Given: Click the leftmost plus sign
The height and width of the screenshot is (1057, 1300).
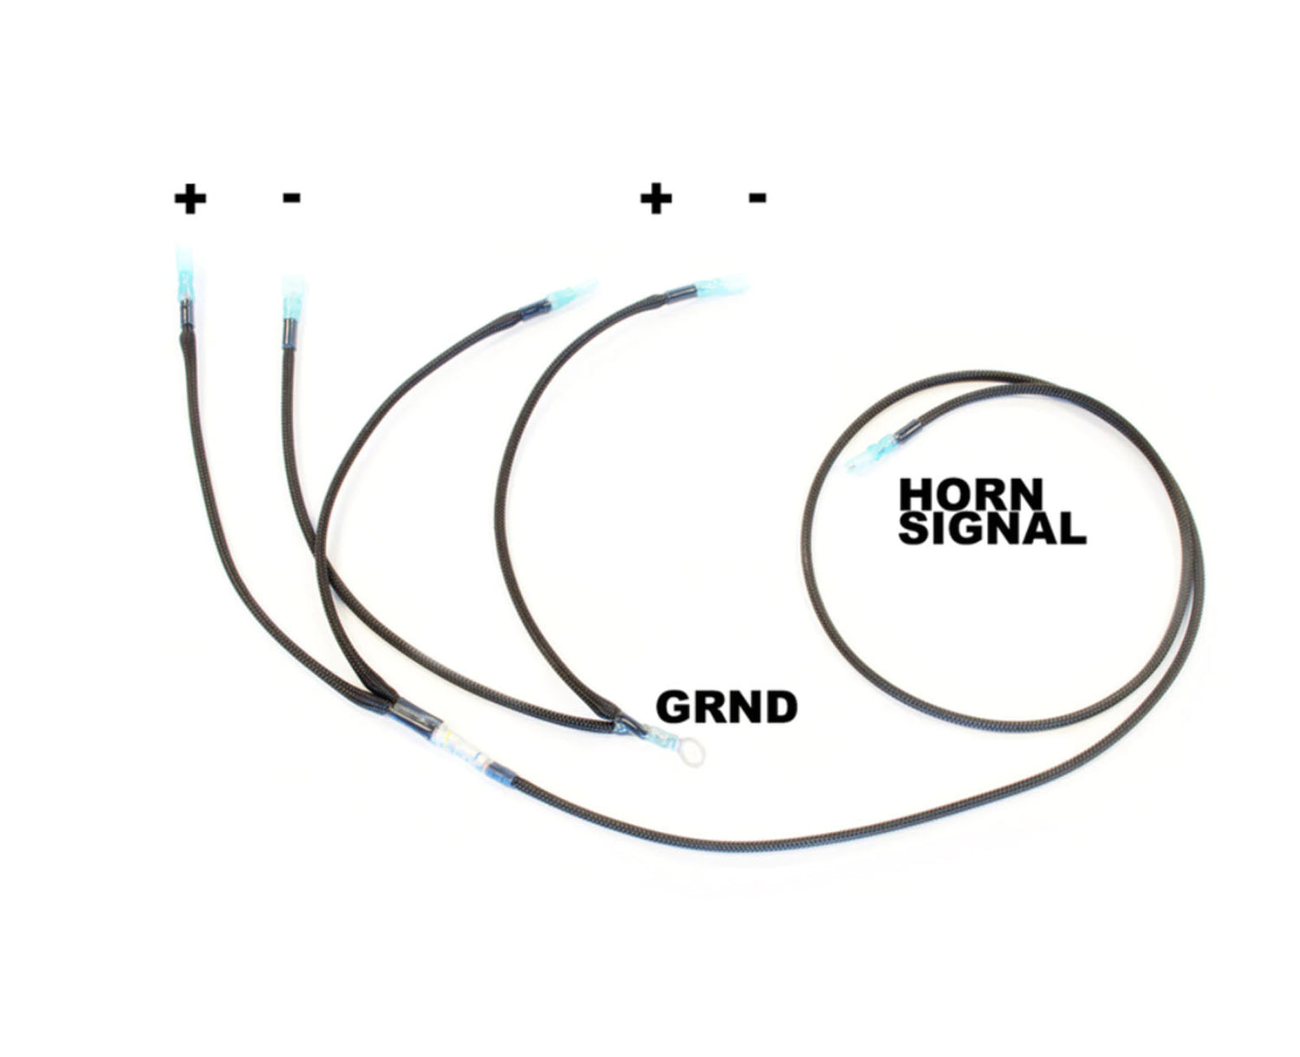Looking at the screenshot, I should pyautogui.click(x=190, y=199).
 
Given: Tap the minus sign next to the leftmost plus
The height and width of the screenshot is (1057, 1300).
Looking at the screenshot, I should pyautogui.click(x=292, y=199).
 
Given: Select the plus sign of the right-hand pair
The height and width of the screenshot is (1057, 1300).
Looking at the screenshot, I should pyautogui.click(x=656, y=199).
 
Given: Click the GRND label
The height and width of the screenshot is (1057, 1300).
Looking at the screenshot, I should pyautogui.click(x=726, y=708).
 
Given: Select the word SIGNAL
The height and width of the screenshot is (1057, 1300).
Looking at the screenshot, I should pyautogui.click(x=991, y=528).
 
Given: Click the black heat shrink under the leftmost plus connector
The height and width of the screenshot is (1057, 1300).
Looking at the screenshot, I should pyautogui.click(x=185, y=321).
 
